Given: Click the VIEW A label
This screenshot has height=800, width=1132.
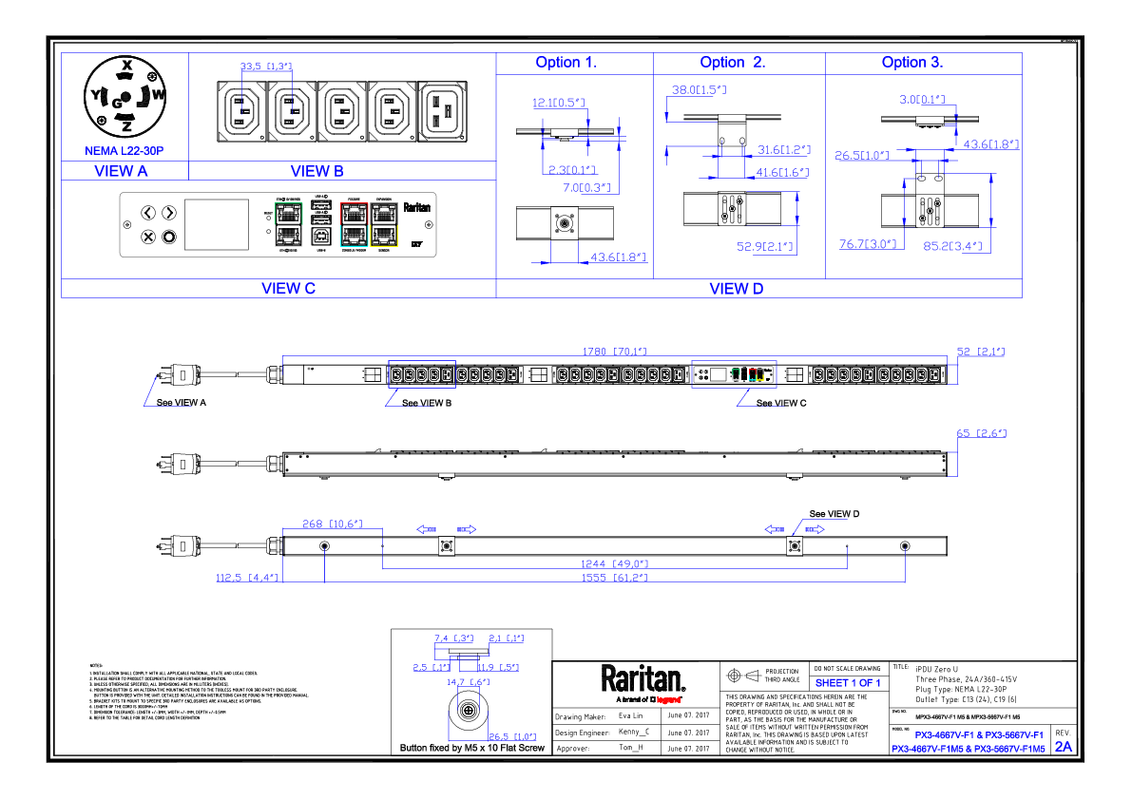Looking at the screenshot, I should point(121,171).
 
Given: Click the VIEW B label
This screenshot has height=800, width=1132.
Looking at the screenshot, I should point(317,171).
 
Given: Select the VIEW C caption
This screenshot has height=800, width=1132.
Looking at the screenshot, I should point(288,288).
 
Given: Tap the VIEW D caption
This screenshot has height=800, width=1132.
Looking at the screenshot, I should point(736,288).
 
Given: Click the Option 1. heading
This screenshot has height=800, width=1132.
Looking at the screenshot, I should point(565,63).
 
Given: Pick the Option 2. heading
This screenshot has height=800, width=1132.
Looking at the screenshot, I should point(732,63).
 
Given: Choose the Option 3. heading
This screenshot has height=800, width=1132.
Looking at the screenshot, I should point(911,63).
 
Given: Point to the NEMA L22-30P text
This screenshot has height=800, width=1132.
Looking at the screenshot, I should point(124,151).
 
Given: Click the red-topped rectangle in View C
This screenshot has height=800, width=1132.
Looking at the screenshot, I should point(355,224).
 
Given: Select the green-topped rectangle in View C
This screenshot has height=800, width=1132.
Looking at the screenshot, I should point(289,224).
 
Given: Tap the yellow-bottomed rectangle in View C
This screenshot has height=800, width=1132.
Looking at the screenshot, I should point(384,224).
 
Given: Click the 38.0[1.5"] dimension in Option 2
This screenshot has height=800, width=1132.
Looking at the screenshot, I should point(699,90).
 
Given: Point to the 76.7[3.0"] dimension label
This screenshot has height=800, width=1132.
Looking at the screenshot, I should point(868,244).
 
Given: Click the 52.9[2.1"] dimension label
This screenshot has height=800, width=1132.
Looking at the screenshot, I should point(765,247).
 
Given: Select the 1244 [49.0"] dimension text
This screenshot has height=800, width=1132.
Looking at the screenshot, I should point(614,564).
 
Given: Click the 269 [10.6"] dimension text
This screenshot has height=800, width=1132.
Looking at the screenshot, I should point(332,524).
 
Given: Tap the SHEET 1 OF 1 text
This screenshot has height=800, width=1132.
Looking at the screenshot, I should point(848,683).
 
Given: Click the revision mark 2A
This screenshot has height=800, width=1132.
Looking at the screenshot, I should point(1064,747).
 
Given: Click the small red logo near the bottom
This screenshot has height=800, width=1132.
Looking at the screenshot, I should point(668,700).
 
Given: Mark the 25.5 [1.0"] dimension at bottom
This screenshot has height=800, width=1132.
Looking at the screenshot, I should point(512,736).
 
